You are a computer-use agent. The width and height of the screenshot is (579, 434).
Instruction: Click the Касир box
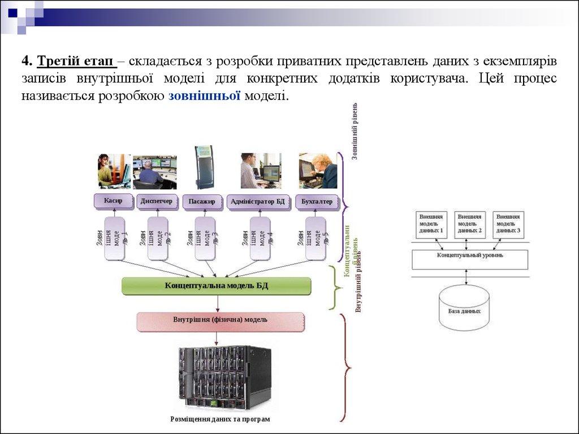coord(114,201)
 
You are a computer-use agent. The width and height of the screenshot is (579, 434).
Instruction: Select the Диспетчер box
coord(157,201)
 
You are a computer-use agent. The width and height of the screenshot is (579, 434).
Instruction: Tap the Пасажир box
coord(202,202)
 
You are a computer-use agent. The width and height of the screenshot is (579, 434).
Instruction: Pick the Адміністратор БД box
coord(258,202)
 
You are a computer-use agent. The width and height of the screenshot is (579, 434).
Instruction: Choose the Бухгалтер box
coord(317,202)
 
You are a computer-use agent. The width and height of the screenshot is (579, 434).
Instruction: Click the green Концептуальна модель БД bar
coord(217,286)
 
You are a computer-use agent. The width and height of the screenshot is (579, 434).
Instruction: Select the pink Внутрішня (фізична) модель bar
coord(221,320)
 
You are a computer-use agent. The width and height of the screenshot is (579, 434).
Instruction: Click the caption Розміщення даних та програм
coord(221,419)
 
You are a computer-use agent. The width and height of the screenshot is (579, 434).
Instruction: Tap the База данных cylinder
coord(464,307)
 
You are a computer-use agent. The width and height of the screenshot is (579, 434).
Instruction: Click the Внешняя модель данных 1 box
coord(431,224)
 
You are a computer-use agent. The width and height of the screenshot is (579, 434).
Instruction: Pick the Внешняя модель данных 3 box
coord(508,224)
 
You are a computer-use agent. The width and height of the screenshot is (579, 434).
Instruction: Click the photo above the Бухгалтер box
coord(318,171)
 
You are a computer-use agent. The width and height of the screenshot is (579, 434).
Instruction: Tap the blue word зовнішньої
coord(205,96)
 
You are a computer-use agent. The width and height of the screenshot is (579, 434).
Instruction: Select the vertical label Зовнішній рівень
coord(355,131)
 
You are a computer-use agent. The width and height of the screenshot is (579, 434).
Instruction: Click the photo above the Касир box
coord(114,171)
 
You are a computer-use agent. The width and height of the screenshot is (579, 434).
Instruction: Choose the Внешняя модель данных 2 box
coord(470,224)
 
